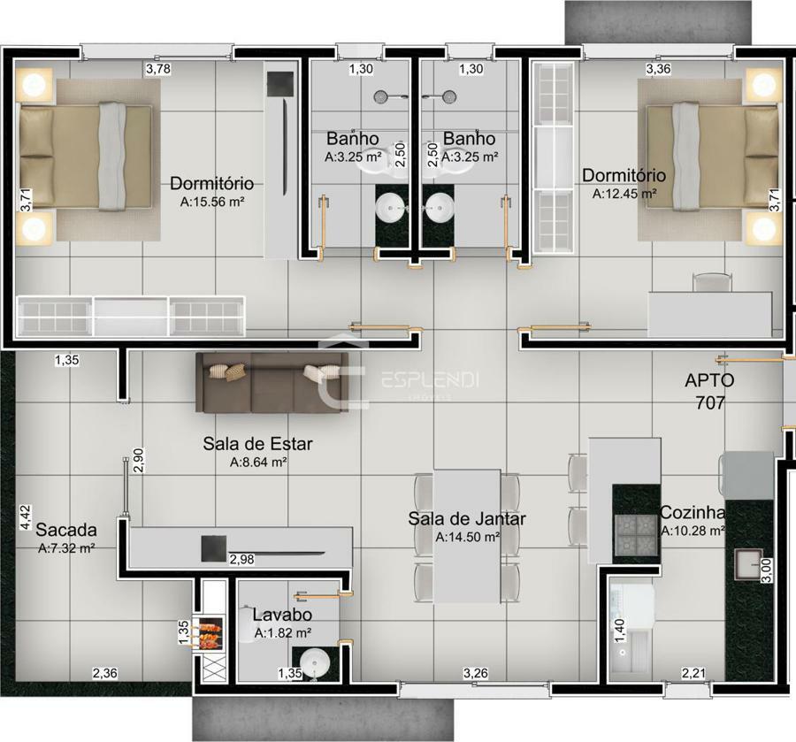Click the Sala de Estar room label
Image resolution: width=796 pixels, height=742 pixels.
click(x=257, y=444)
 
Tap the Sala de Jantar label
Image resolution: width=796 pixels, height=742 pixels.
click(x=466, y=518)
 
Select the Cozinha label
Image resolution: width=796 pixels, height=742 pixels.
click(x=693, y=513)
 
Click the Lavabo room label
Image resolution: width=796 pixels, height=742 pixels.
click(x=282, y=615)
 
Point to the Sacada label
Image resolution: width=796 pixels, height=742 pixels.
click(x=66, y=530)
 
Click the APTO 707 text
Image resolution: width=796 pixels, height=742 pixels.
click(x=709, y=391)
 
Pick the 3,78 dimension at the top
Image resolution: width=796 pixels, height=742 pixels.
click(x=158, y=69)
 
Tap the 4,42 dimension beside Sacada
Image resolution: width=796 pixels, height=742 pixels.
click(x=26, y=517)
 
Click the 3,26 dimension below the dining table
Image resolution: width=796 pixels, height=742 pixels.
click(x=476, y=674)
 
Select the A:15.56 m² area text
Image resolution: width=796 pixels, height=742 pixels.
click(x=212, y=202)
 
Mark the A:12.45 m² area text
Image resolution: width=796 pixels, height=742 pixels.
click(x=624, y=194)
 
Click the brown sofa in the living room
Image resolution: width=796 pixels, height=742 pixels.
click(x=272, y=383)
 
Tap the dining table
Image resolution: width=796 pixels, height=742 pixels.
click(x=467, y=535)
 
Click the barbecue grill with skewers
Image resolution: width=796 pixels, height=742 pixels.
click(x=208, y=635)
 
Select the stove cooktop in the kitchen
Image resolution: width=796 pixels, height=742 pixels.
click(x=635, y=535)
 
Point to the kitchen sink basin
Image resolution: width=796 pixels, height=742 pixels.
click(x=749, y=564)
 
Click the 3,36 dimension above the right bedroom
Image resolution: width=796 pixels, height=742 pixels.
click(x=658, y=69)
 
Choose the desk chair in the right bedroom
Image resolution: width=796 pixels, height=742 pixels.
click(x=712, y=281)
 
